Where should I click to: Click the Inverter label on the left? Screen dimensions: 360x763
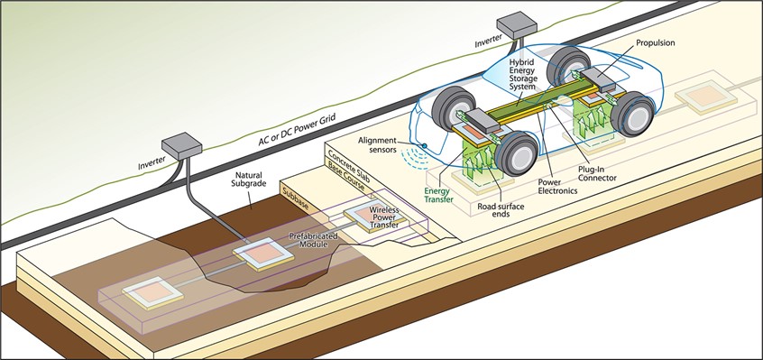pyautogui.click(x=134, y=163)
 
